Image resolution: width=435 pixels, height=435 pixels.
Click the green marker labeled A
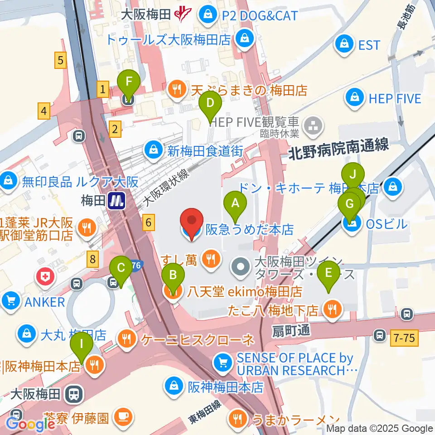click(235, 203)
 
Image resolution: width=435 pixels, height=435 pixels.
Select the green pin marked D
click(210, 103)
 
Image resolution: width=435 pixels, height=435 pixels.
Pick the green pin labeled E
click(329, 273)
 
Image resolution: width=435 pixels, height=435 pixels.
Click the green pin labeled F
click(129, 83)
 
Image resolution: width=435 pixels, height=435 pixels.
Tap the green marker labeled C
click(121, 268)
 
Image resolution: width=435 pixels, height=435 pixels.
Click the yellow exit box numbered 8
click(93, 259)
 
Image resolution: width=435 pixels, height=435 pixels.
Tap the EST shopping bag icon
click(344, 44)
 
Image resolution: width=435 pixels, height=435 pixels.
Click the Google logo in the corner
click(31, 424)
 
